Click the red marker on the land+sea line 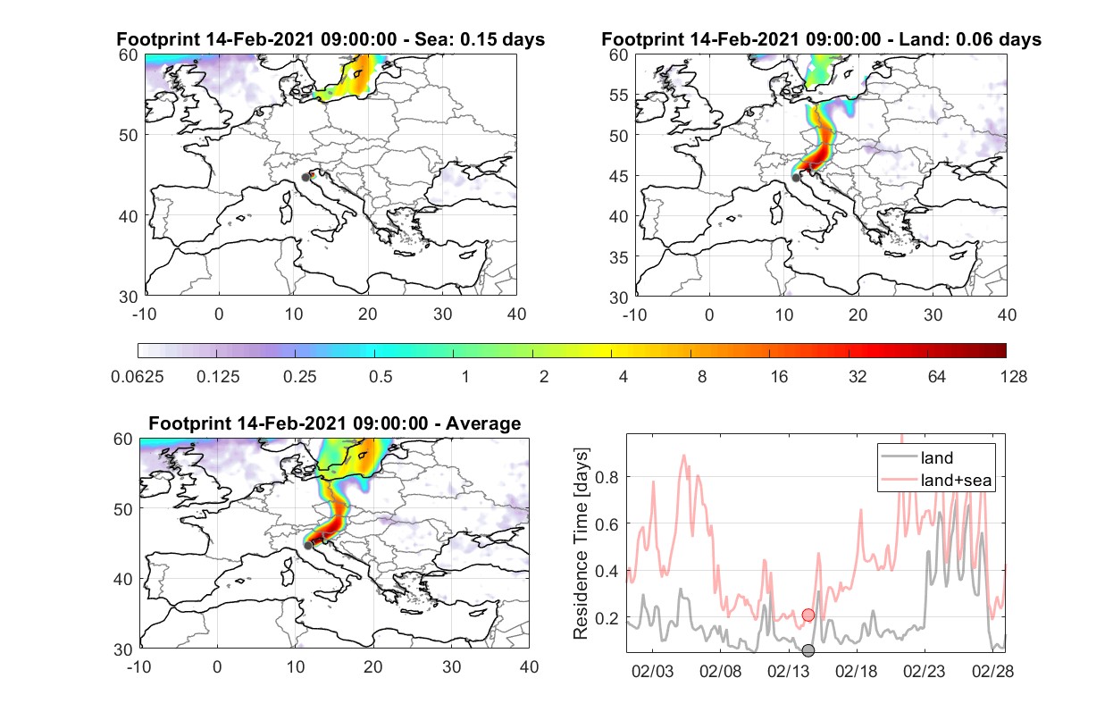coord(808,615)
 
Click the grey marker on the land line coord(808,650)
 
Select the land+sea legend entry coord(936,480)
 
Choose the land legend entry coord(917,457)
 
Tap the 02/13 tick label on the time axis coord(789,672)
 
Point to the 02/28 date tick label coord(992,672)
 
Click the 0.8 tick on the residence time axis coord(607,477)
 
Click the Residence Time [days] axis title coord(581,544)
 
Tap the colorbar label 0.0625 coord(138,377)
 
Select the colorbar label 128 coord(1014,377)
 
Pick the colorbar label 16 coord(779,377)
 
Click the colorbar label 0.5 coord(381,377)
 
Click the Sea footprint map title coord(331,39)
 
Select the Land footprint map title coord(821,39)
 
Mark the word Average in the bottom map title coord(483,423)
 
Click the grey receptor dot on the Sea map coord(305,178)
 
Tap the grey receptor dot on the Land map coord(796,178)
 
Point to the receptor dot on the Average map coord(308,546)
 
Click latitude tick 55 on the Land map coord(619,95)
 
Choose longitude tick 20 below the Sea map coord(368,314)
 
